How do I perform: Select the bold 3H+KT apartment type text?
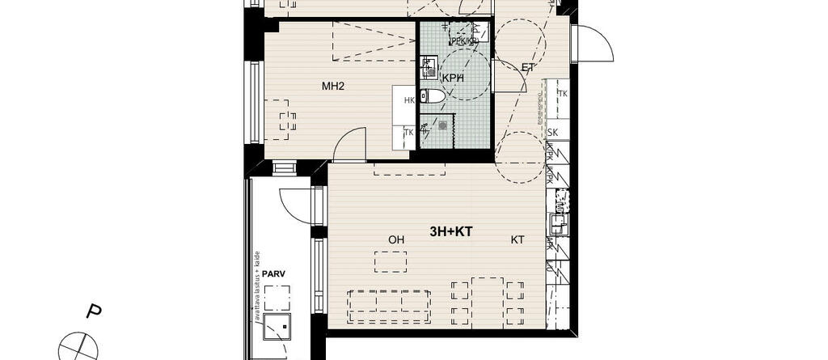point(450,231)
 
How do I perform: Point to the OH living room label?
point(396,239)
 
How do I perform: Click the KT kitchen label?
point(517,239)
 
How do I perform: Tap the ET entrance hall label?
point(528,68)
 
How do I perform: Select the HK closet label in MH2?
point(409,100)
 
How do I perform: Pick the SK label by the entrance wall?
point(554,133)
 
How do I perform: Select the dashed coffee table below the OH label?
point(391,263)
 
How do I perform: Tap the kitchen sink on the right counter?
point(557,218)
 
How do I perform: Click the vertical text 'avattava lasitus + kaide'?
point(257,288)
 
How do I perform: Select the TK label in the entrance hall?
point(563,94)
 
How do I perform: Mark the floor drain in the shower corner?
point(442,125)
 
